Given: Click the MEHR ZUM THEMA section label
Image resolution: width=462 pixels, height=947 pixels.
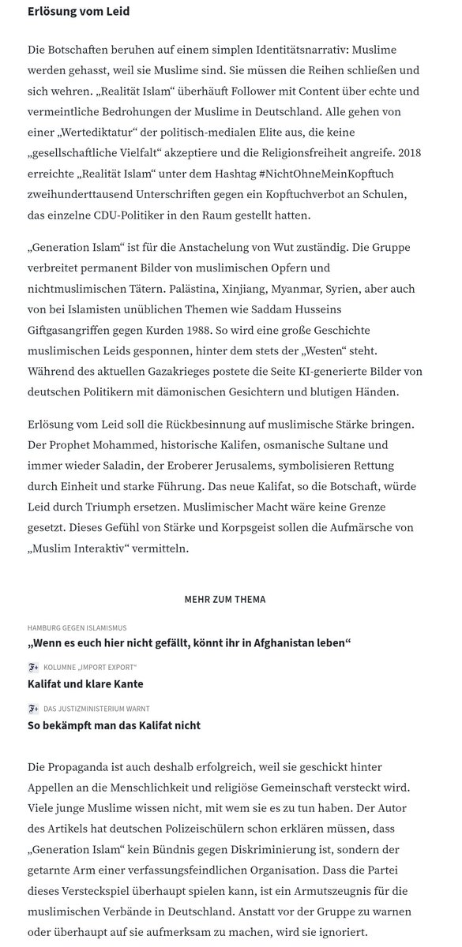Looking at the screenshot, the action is (224, 600).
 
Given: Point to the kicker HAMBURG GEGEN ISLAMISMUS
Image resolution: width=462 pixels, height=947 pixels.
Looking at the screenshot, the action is (77, 627).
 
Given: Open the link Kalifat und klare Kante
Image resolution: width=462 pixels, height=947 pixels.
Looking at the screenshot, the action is (85, 683).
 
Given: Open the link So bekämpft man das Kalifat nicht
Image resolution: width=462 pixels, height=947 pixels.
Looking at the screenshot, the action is (114, 725).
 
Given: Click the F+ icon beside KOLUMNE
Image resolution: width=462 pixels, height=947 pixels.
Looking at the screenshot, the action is (33, 668).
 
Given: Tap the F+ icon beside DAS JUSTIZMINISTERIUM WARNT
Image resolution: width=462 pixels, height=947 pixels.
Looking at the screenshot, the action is (33, 709).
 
